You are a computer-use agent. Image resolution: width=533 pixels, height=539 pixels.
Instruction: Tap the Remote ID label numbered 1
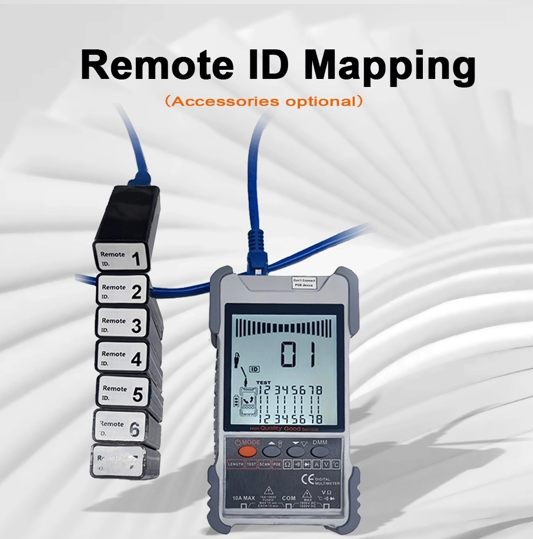coord(121,258)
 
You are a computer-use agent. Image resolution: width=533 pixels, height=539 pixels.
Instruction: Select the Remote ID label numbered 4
coord(121,357)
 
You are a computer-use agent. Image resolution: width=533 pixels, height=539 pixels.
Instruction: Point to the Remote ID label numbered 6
coord(120,427)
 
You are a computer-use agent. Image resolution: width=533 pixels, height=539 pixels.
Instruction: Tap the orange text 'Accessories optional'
coord(263,101)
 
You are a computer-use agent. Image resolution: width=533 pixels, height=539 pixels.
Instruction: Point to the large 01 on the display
coord(300,355)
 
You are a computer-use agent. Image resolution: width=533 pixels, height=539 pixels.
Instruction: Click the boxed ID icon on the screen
coord(255,369)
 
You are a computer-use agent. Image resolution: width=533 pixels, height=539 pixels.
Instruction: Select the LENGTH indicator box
coord(235,464)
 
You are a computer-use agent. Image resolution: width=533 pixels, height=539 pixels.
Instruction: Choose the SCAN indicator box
coord(264,464)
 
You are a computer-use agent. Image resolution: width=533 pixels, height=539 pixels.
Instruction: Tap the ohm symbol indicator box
coord(287,464)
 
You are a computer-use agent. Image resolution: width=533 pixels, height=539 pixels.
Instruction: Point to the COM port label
coord(289,498)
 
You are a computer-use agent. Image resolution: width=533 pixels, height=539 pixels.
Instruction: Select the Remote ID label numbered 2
coord(121,290)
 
